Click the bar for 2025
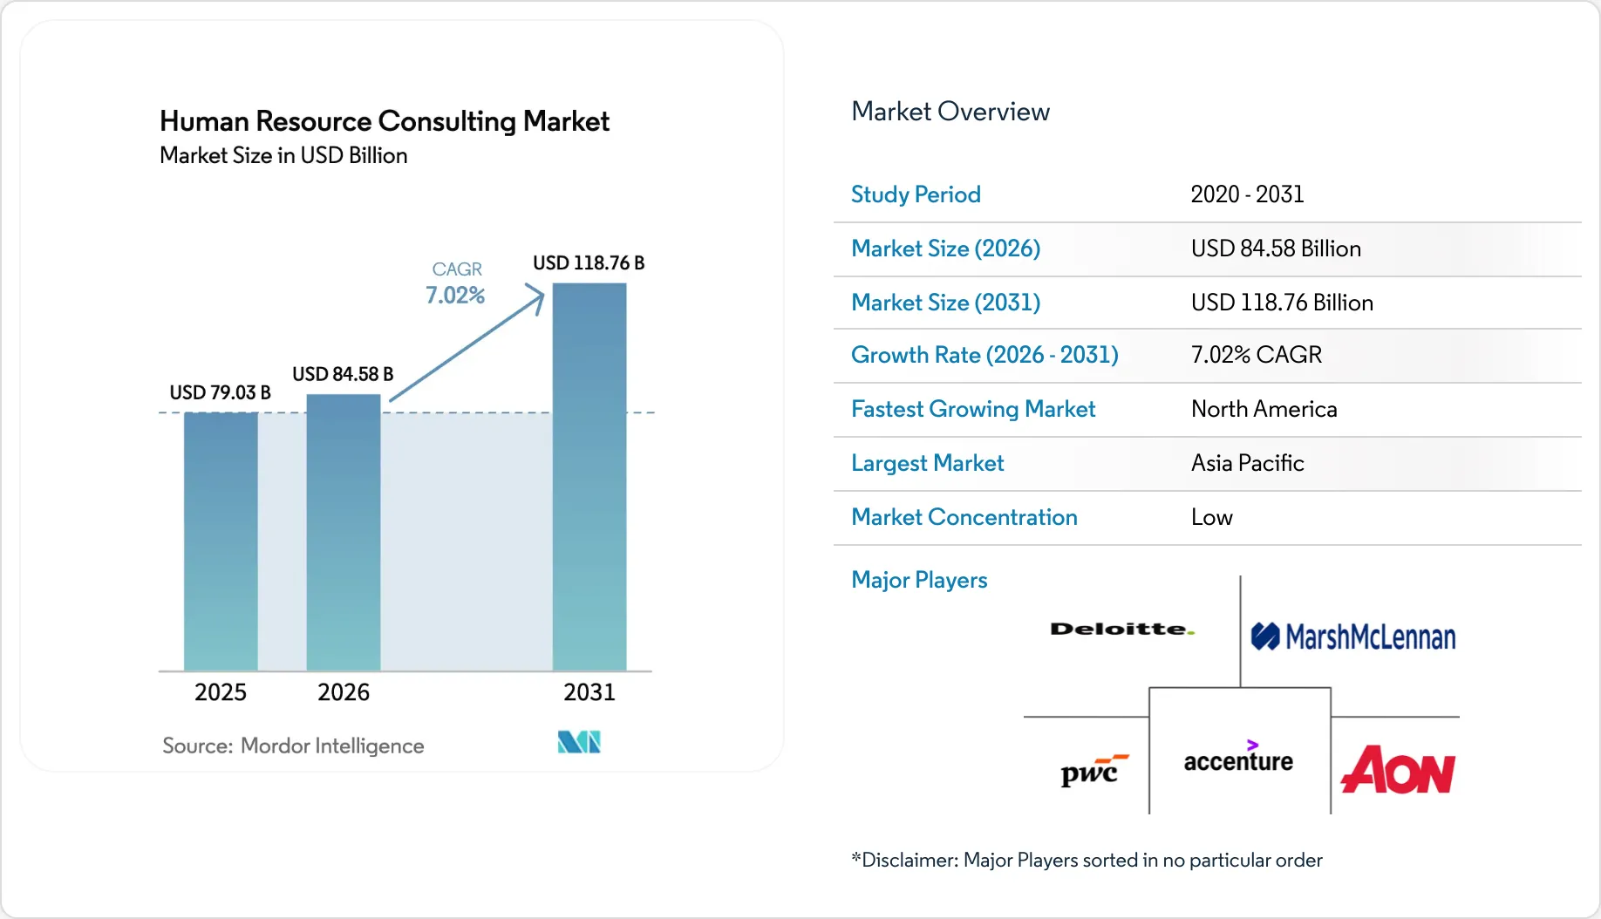(x=221, y=541)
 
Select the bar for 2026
(x=344, y=532)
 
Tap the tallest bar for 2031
(x=589, y=476)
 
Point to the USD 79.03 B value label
(x=220, y=392)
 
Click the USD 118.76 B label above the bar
(x=589, y=262)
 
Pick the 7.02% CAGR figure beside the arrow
(x=455, y=296)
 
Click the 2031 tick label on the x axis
(x=589, y=692)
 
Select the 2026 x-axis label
(x=344, y=692)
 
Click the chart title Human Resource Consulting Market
(x=385, y=121)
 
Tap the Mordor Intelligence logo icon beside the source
(x=579, y=742)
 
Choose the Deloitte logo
(x=1122, y=629)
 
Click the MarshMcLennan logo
(x=1353, y=637)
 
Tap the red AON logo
(x=1398, y=770)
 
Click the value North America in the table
(x=1264, y=409)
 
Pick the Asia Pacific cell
(x=1247, y=463)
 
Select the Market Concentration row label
(x=964, y=517)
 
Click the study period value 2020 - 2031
(x=1247, y=194)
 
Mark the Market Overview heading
(x=950, y=112)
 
